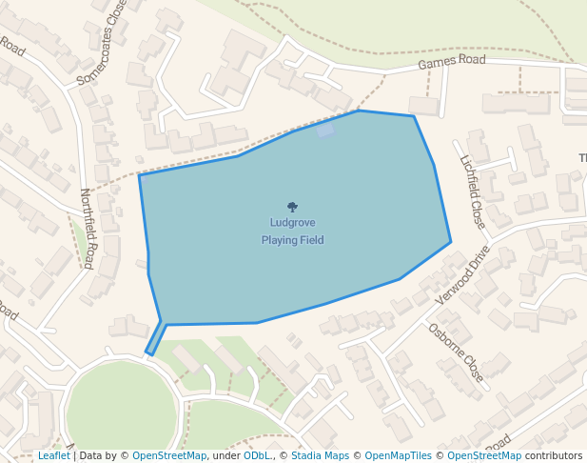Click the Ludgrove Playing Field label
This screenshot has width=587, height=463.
click(x=292, y=231)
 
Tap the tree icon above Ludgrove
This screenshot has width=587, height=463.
click(x=292, y=207)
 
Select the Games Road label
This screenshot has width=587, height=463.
click(x=452, y=63)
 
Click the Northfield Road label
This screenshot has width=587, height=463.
click(x=87, y=228)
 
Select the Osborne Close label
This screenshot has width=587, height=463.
click(x=456, y=352)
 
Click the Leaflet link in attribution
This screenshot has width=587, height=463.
click(x=54, y=455)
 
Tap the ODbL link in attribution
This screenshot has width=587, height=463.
click(x=257, y=455)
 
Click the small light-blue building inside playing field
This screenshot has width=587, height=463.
click(x=326, y=130)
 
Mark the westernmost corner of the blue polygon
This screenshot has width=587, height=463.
click(x=140, y=175)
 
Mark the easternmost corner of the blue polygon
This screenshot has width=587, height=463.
click(x=450, y=241)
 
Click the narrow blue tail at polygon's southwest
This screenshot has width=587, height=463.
click(x=155, y=340)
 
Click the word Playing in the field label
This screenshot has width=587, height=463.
click(x=279, y=240)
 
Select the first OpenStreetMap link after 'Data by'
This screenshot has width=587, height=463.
click(x=168, y=455)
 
